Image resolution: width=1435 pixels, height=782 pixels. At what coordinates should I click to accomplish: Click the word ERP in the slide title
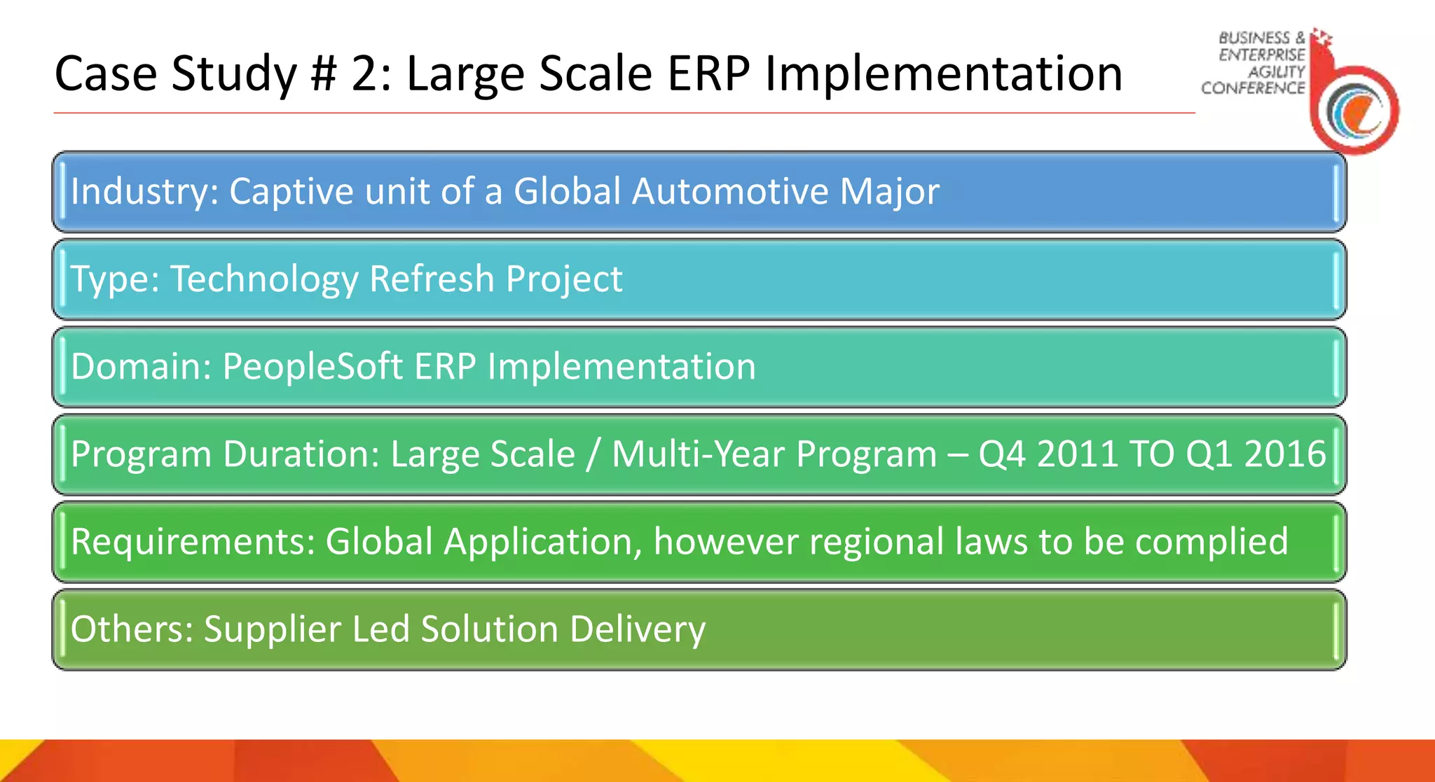coord(708,74)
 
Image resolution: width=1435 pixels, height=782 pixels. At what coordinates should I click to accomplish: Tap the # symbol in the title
coord(323,74)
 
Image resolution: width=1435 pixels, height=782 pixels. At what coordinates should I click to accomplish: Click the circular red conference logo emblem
coord(1356,110)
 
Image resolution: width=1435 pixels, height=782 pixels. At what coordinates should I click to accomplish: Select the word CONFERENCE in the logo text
coord(1253,88)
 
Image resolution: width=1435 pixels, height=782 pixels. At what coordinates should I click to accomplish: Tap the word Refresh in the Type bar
coord(432,279)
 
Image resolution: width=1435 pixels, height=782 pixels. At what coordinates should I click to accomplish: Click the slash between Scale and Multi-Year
coord(593,454)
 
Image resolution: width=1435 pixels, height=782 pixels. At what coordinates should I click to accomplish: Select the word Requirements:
coord(193,541)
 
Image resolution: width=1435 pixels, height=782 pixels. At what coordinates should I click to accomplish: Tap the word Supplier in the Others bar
coord(272,629)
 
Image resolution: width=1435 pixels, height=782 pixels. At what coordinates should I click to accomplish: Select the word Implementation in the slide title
coord(944,74)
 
